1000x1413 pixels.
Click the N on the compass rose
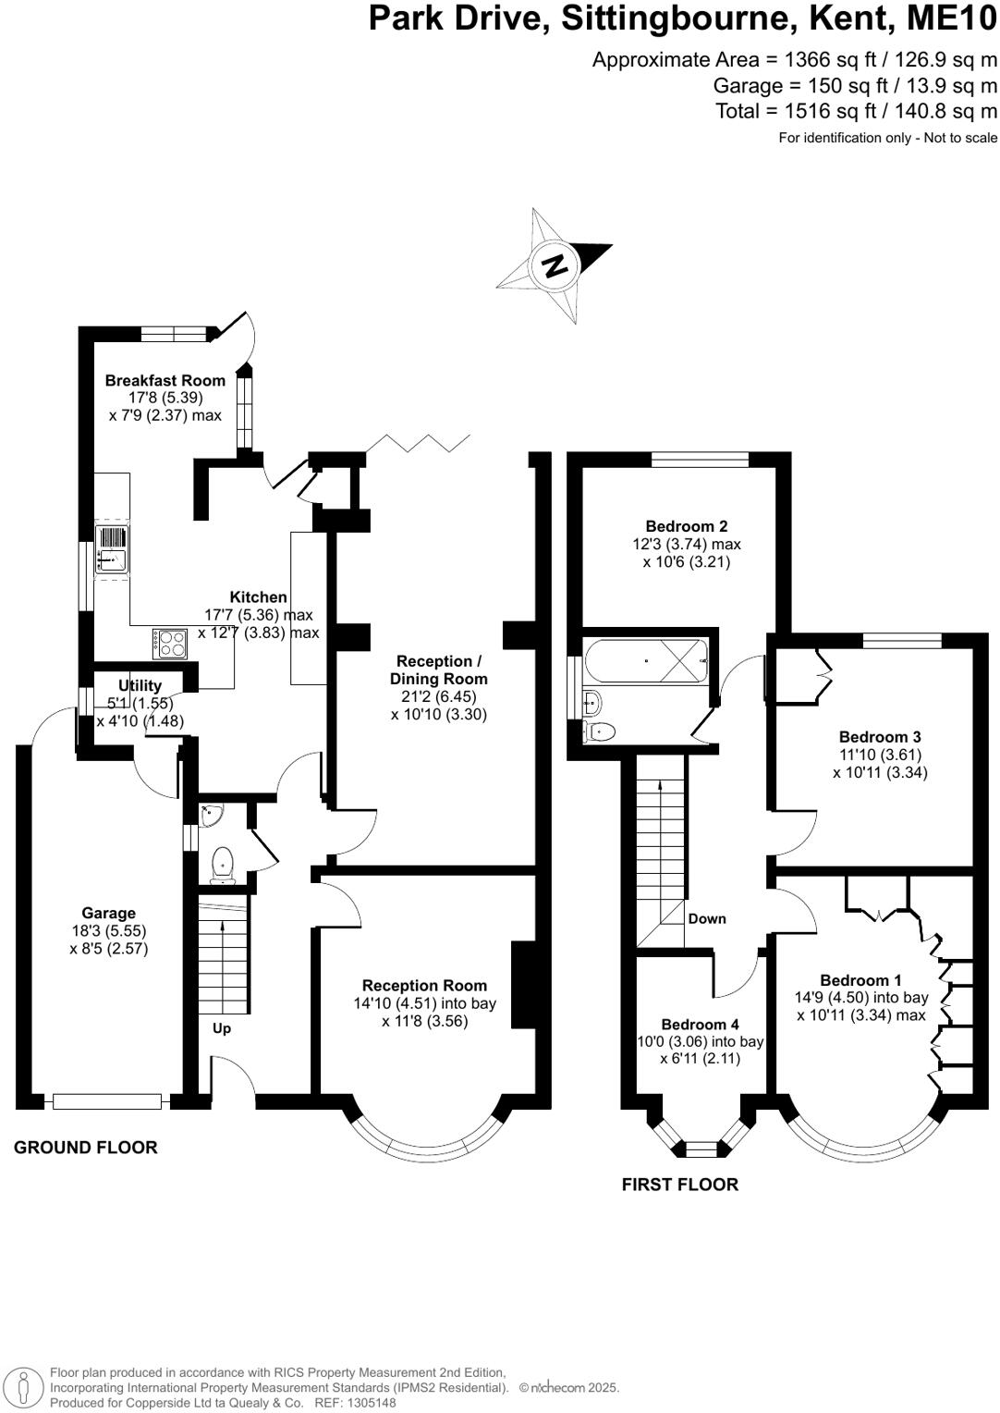[x=555, y=265]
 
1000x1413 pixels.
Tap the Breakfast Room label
[x=165, y=380]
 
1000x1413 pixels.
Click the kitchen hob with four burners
[x=169, y=642]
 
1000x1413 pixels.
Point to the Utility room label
[x=140, y=685]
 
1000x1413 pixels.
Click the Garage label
[x=108, y=913]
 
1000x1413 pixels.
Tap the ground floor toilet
[x=223, y=864]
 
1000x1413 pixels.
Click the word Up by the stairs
[x=222, y=1028]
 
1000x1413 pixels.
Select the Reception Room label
[x=424, y=986]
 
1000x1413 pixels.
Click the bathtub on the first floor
[x=646, y=661]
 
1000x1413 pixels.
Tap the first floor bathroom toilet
[x=602, y=731]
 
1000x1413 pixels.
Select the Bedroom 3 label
[x=880, y=737]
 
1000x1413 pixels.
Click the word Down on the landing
[x=707, y=918]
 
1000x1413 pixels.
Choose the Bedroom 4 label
[x=700, y=1025]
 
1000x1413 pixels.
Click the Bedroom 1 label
[x=860, y=980]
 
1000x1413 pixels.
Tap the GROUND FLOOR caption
[x=85, y=1148]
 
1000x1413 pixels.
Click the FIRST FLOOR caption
[x=679, y=1185]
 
